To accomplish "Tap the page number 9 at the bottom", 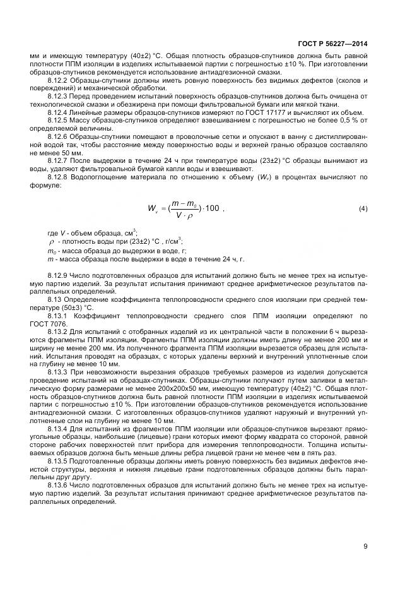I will tap(365, 546).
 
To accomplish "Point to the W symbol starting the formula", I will tap(153, 209).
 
